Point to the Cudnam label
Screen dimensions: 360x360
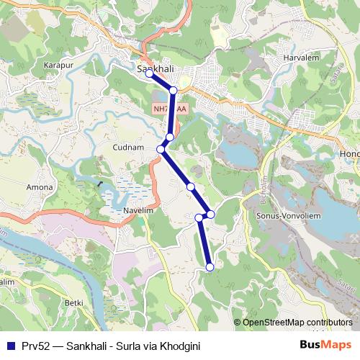(130, 147)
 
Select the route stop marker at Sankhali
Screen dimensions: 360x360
(149, 73)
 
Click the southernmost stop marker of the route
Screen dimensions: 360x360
(210, 267)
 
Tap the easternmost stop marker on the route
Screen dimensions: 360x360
(211, 214)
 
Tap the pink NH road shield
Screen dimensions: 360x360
(169, 109)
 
